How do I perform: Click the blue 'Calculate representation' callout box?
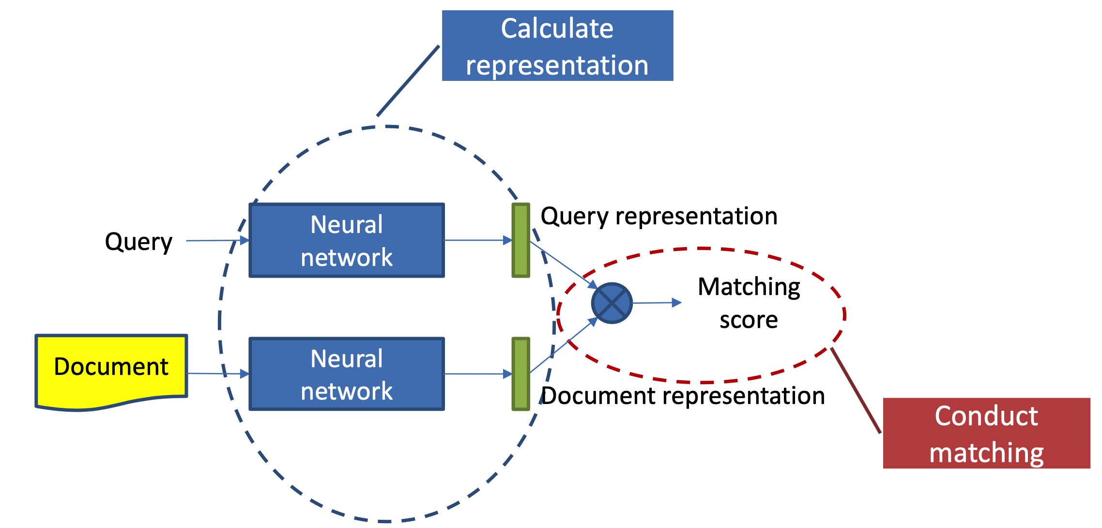point(557,46)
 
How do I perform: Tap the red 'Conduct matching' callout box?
point(986,433)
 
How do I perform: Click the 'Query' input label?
point(138,241)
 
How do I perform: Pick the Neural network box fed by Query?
point(347,240)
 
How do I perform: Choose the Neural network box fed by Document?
point(347,374)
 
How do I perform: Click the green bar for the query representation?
point(520,240)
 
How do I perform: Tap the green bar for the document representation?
point(520,374)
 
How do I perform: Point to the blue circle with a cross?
point(612,303)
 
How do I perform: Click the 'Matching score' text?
point(749,303)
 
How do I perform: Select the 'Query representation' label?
point(659,216)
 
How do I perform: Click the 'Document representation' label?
point(683,396)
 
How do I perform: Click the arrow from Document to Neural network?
point(218,373)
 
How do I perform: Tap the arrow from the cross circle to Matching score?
point(657,303)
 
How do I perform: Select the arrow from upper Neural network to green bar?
point(477,240)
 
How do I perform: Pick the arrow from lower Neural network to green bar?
point(477,374)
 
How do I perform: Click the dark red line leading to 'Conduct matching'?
point(856,390)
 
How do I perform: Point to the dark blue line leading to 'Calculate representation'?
point(408,81)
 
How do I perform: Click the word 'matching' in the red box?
point(986,452)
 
